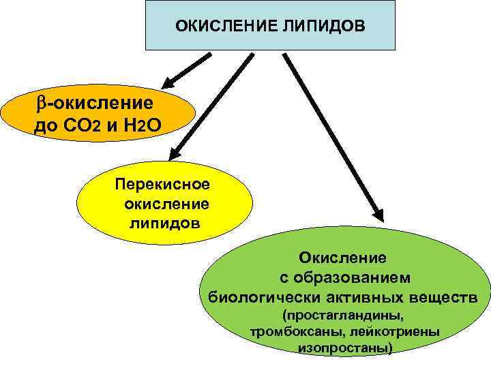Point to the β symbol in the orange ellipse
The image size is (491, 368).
click(x=40, y=103)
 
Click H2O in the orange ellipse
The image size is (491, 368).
click(x=144, y=126)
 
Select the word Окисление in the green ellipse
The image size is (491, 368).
click(x=342, y=258)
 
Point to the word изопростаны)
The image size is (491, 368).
click(x=345, y=348)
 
